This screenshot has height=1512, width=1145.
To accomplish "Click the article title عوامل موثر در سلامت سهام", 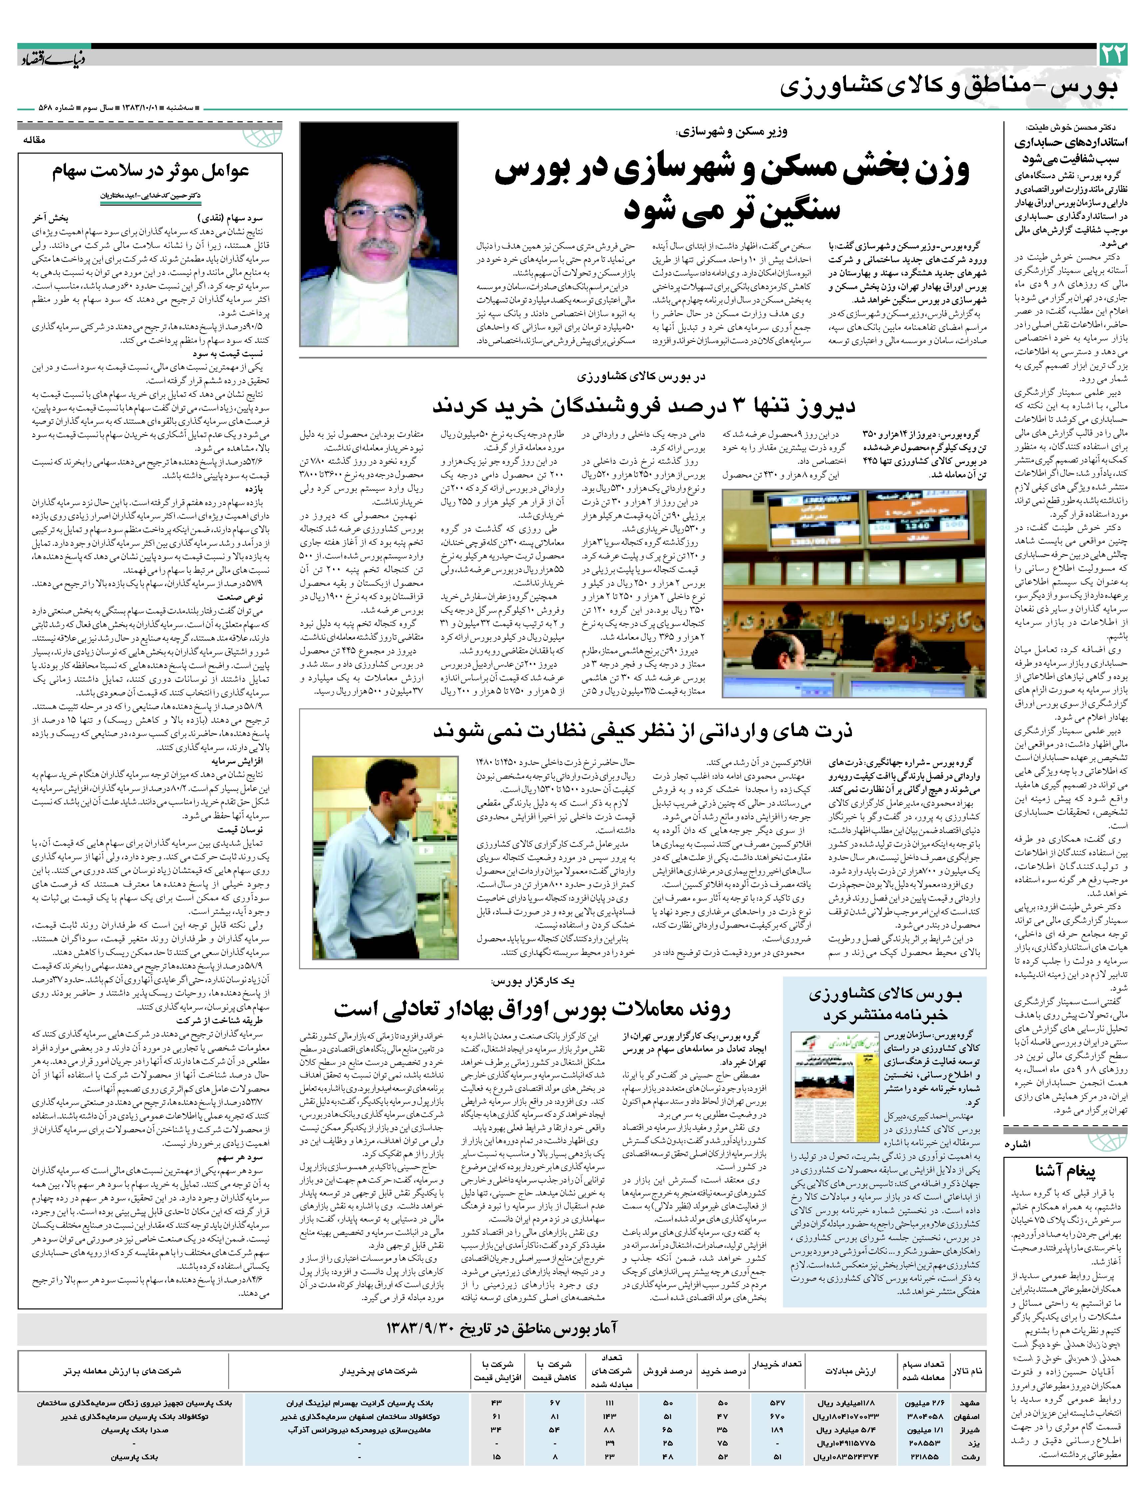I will (x=150, y=171).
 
